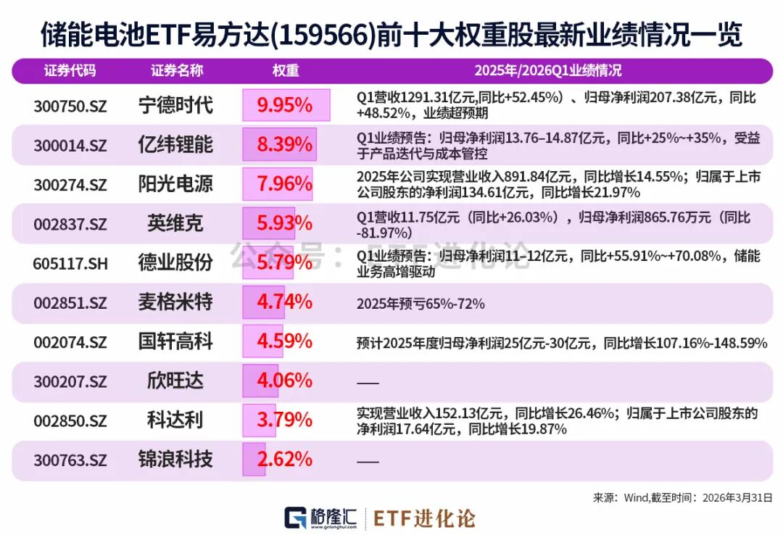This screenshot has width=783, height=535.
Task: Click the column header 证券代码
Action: tap(70, 71)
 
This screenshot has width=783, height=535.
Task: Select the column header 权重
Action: tap(285, 71)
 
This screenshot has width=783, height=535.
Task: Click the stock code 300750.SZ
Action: tap(70, 106)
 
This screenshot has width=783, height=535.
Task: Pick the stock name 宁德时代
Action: tap(175, 105)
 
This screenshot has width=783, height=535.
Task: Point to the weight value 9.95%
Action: tap(285, 106)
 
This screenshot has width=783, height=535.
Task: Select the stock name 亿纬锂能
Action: tap(175, 144)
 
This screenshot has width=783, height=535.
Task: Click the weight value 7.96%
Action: tap(285, 184)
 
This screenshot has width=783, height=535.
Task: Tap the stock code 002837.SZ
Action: tap(70, 224)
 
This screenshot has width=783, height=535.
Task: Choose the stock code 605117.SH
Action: tap(70, 263)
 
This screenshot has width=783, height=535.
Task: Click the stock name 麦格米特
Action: tap(175, 302)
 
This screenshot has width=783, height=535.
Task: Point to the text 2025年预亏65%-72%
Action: tap(420, 304)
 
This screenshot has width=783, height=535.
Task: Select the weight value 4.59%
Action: tap(285, 341)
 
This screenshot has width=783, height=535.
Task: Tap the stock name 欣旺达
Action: tap(175, 380)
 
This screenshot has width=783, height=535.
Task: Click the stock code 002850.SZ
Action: tap(70, 420)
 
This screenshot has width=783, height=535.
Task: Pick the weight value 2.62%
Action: tap(285, 459)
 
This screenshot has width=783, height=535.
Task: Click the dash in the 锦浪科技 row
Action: tap(368, 460)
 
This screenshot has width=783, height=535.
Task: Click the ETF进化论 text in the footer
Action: tap(425, 518)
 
